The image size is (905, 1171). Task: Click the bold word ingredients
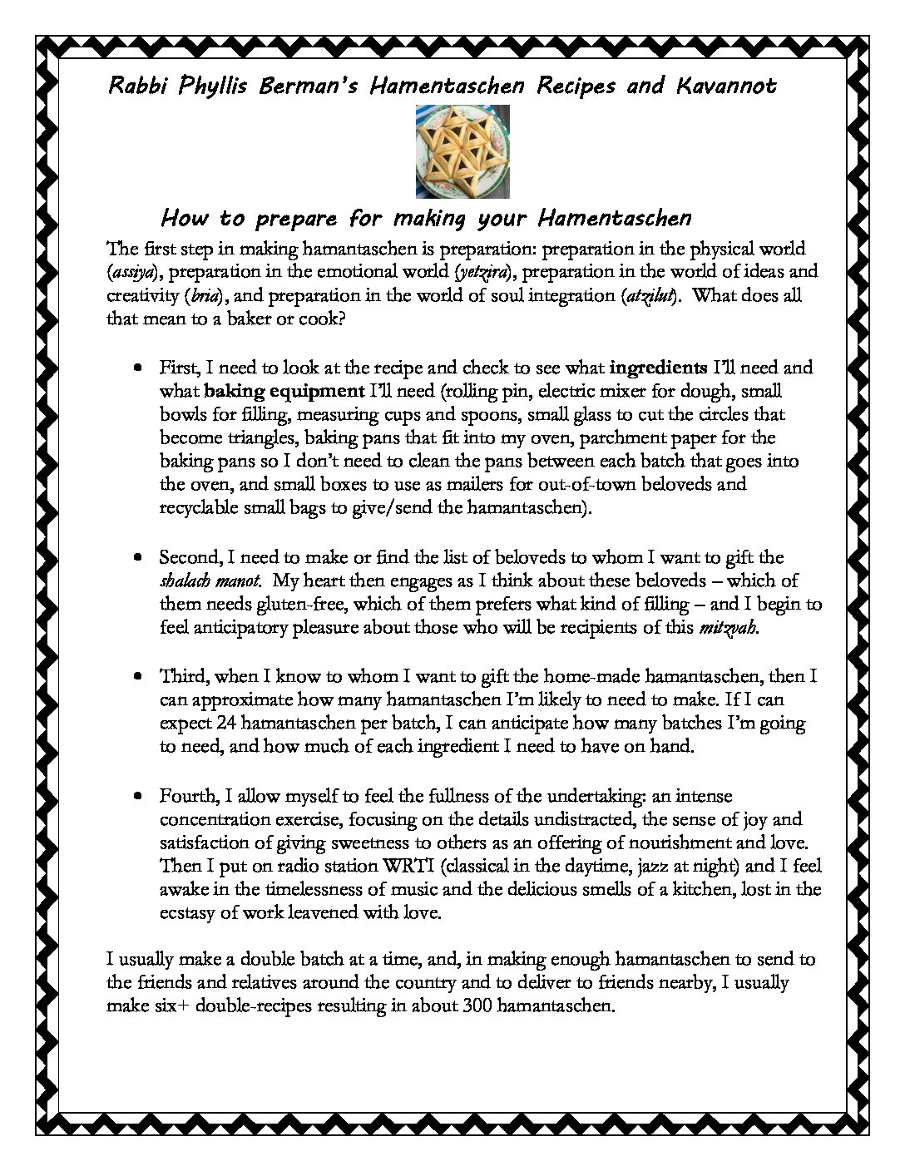click(x=659, y=367)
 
